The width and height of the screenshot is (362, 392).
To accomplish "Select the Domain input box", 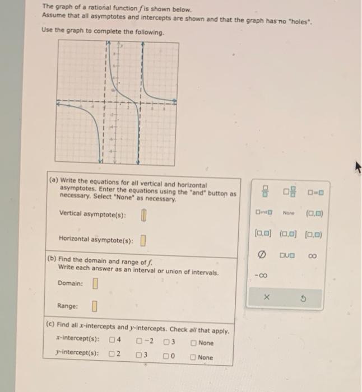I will [95, 283].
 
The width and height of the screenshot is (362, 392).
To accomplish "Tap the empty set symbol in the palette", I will [261, 255].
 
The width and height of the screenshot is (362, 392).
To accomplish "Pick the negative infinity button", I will [262, 275].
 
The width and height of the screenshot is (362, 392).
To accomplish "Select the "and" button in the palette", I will [262, 212].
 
